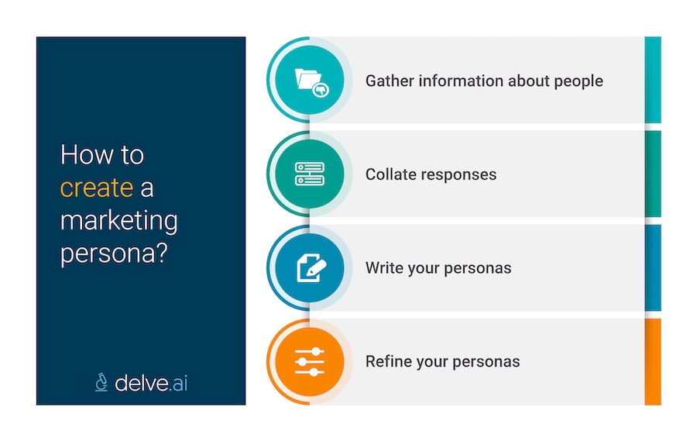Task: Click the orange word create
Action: (x=97, y=188)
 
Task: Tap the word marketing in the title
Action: (x=118, y=222)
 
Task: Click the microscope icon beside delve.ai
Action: (x=101, y=381)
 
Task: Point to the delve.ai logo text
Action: (x=151, y=381)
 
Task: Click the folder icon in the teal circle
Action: (x=310, y=80)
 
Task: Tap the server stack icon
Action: (x=310, y=174)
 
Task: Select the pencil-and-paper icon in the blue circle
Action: (x=310, y=267)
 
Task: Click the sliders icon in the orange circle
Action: (x=310, y=361)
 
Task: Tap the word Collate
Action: (x=389, y=174)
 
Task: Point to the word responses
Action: (x=457, y=174)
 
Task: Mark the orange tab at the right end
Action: (x=653, y=361)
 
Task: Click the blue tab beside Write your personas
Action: (x=653, y=267)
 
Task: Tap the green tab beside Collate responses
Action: (x=653, y=174)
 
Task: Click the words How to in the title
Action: (x=102, y=154)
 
